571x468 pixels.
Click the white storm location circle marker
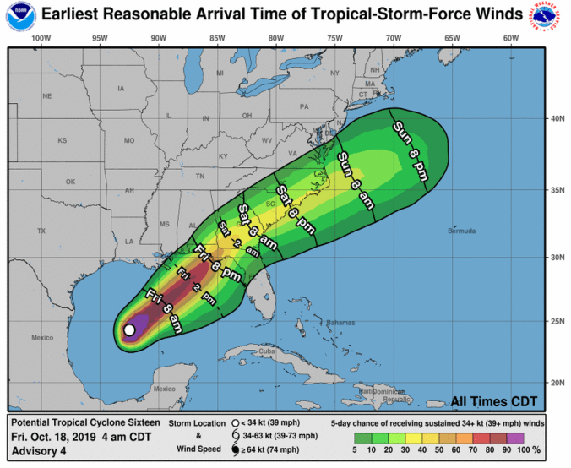coord(129,330)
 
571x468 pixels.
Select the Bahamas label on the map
coord(341,322)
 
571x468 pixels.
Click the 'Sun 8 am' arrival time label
coord(355,180)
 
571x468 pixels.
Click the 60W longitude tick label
coord(510,38)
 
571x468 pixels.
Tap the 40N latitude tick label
coord(557,119)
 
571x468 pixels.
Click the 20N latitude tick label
coord(557,383)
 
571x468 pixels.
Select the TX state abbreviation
coord(41,231)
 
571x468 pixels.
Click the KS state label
coord(62,140)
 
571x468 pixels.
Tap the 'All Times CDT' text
coord(494,401)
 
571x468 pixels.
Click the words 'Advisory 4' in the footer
coord(39,452)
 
